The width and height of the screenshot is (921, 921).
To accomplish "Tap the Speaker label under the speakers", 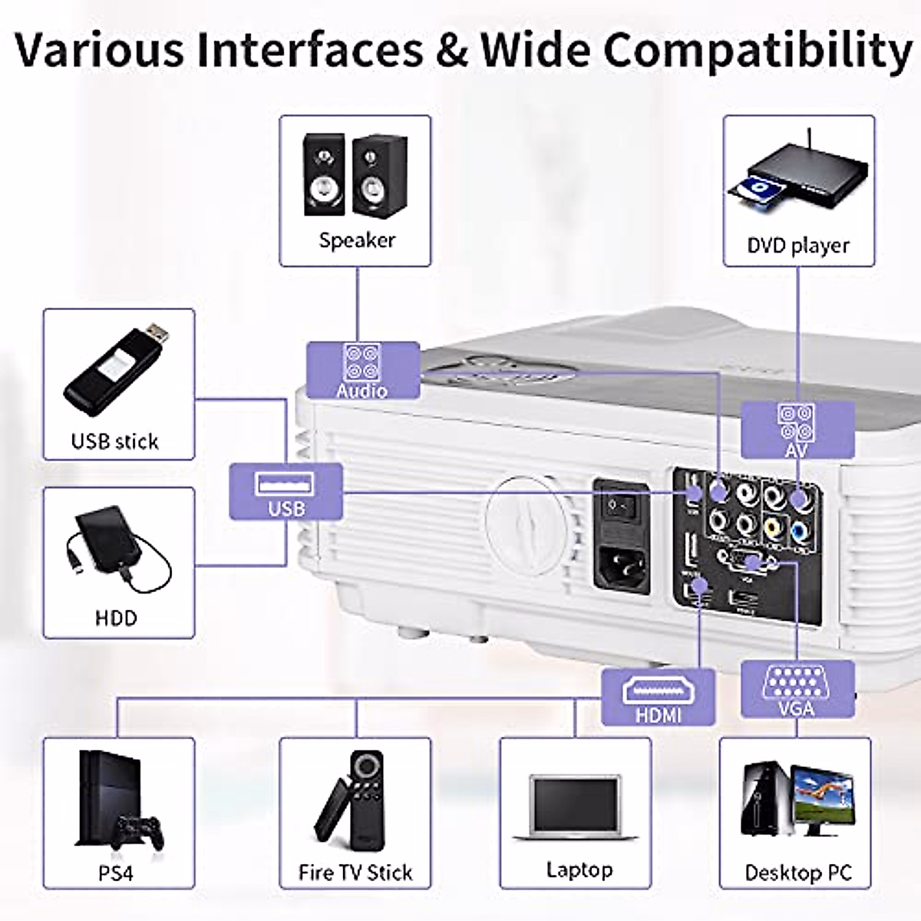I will click(x=357, y=240).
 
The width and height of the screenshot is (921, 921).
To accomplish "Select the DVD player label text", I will click(x=798, y=246).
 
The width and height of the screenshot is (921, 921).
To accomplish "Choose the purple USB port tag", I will click(x=286, y=493).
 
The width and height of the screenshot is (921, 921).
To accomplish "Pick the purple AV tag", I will click(x=797, y=431).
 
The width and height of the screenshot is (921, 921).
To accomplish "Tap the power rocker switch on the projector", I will click(x=622, y=506).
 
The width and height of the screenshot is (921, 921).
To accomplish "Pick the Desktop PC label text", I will click(x=798, y=873).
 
